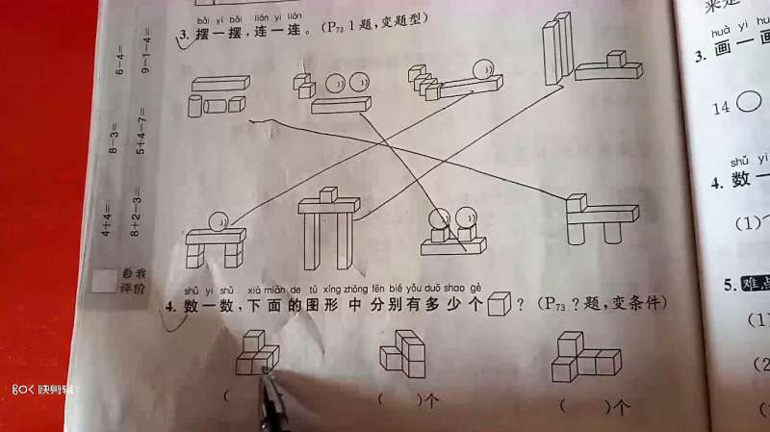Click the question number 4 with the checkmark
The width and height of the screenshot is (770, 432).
coord(169,309)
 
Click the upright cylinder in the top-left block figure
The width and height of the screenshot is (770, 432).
coord(195,104)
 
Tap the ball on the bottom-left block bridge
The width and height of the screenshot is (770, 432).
coord(219,221)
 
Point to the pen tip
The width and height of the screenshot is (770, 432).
coord(267,371)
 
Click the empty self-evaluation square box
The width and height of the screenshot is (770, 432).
coord(103,282)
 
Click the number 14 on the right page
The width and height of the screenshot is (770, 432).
coord(721,109)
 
